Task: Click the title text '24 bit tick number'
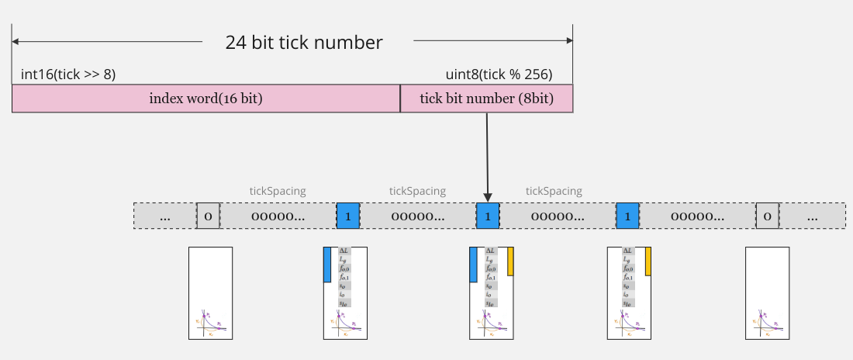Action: (x=304, y=43)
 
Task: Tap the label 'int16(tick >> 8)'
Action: (x=68, y=74)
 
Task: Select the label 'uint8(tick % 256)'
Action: (x=498, y=74)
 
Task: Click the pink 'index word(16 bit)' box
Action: (x=205, y=99)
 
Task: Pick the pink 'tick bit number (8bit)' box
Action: (x=486, y=99)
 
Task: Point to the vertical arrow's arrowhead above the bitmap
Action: (x=487, y=196)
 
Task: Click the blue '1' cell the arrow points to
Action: (x=487, y=216)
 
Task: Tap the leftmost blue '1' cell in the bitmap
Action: (x=347, y=216)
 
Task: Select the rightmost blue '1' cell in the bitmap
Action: (x=627, y=216)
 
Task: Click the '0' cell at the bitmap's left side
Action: (x=209, y=216)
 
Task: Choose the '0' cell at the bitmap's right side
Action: (x=767, y=216)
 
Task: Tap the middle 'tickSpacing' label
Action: (x=417, y=191)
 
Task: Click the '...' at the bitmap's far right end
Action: (x=812, y=216)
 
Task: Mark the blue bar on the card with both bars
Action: (x=473, y=265)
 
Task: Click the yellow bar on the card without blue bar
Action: (x=648, y=261)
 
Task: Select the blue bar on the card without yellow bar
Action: (x=327, y=265)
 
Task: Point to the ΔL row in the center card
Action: (x=490, y=251)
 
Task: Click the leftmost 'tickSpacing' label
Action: (x=278, y=191)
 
